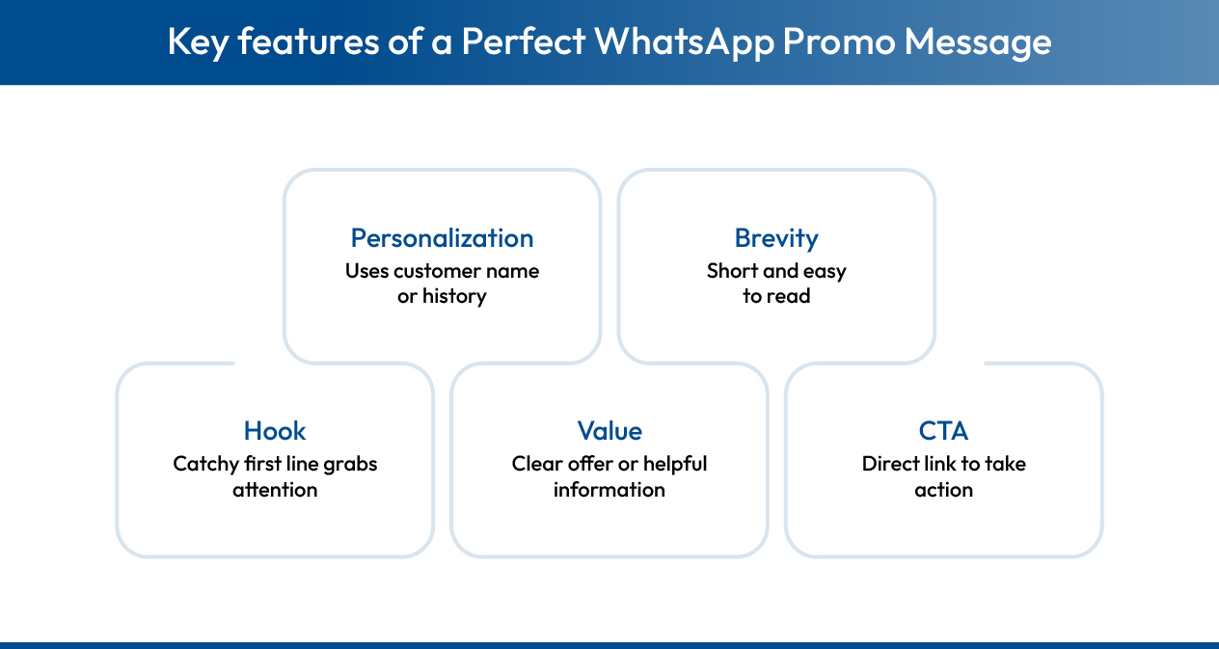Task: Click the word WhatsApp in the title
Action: click(x=684, y=41)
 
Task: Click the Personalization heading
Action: click(x=442, y=238)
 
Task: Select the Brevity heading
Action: click(x=776, y=238)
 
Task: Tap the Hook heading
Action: click(x=275, y=431)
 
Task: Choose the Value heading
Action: click(x=609, y=431)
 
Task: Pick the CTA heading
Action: click(x=943, y=431)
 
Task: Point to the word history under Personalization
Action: click(x=454, y=296)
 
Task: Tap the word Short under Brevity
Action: click(x=732, y=271)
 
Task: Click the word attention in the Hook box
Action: click(x=275, y=490)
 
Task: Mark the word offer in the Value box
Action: click(x=589, y=464)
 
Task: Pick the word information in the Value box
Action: click(x=609, y=490)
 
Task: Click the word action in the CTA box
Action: click(x=943, y=490)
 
